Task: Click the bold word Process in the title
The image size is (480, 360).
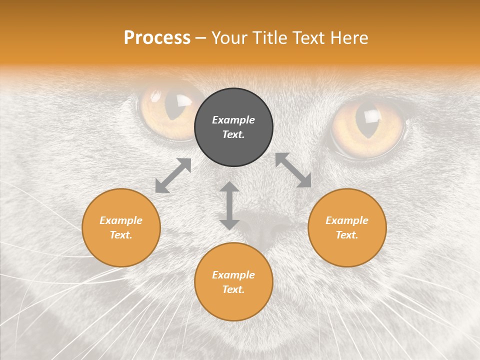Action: [157, 38]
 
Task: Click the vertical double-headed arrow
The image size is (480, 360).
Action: [229, 205]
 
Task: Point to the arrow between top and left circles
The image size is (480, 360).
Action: [173, 175]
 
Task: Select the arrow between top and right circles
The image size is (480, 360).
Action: [293, 170]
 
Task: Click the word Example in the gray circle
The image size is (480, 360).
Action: [233, 120]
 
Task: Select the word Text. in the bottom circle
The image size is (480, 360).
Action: [233, 289]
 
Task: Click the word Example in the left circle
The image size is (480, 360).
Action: [121, 220]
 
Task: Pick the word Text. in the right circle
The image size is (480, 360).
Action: [347, 235]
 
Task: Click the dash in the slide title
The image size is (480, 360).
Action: [201, 38]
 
